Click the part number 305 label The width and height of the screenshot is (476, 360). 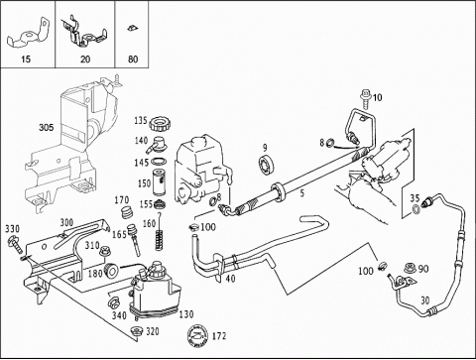click(46, 127)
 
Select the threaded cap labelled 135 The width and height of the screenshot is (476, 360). click(158, 125)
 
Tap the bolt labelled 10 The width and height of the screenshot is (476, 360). click(366, 99)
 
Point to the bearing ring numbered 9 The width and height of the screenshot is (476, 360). click(266, 165)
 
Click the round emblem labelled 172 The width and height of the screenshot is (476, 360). click(197, 336)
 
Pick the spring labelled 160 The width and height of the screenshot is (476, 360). click(160, 239)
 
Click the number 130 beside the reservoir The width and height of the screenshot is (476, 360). click(186, 314)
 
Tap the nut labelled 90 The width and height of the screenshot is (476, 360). click(410, 269)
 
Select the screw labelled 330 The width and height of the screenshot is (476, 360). click(14, 244)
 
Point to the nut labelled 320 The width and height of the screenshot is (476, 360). click(136, 331)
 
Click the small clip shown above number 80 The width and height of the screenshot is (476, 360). click(132, 28)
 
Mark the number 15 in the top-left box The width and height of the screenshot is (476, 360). click(26, 60)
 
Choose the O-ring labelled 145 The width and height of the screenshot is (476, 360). click(159, 162)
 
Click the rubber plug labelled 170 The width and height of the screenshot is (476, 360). click(127, 212)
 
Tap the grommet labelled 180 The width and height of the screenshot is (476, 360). click(111, 271)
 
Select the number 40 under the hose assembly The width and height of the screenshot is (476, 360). click(230, 279)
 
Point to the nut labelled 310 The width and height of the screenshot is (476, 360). click(105, 251)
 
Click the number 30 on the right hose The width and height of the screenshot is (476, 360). click(425, 300)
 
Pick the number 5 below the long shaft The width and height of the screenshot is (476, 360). click(302, 193)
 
